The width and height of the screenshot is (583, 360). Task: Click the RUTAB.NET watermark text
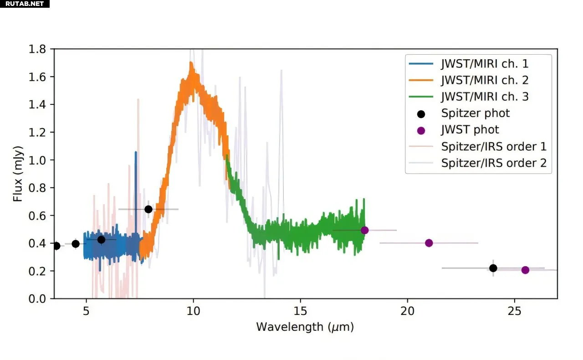coord(25,4)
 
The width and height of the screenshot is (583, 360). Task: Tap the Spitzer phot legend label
coord(476,113)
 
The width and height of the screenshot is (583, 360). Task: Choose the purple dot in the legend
coord(421,130)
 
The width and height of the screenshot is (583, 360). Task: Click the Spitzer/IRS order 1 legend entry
coord(494,146)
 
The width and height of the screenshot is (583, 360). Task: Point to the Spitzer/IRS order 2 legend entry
coord(494,163)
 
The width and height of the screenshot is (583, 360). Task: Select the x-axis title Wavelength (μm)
coord(305,327)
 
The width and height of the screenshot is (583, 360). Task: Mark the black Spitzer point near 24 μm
coord(493,268)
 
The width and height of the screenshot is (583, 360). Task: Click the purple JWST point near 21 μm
coord(429,243)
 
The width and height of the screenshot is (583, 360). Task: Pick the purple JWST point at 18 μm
coord(364,230)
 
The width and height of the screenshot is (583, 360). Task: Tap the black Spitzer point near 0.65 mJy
coord(148,209)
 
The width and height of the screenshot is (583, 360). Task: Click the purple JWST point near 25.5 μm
coord(525,270)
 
